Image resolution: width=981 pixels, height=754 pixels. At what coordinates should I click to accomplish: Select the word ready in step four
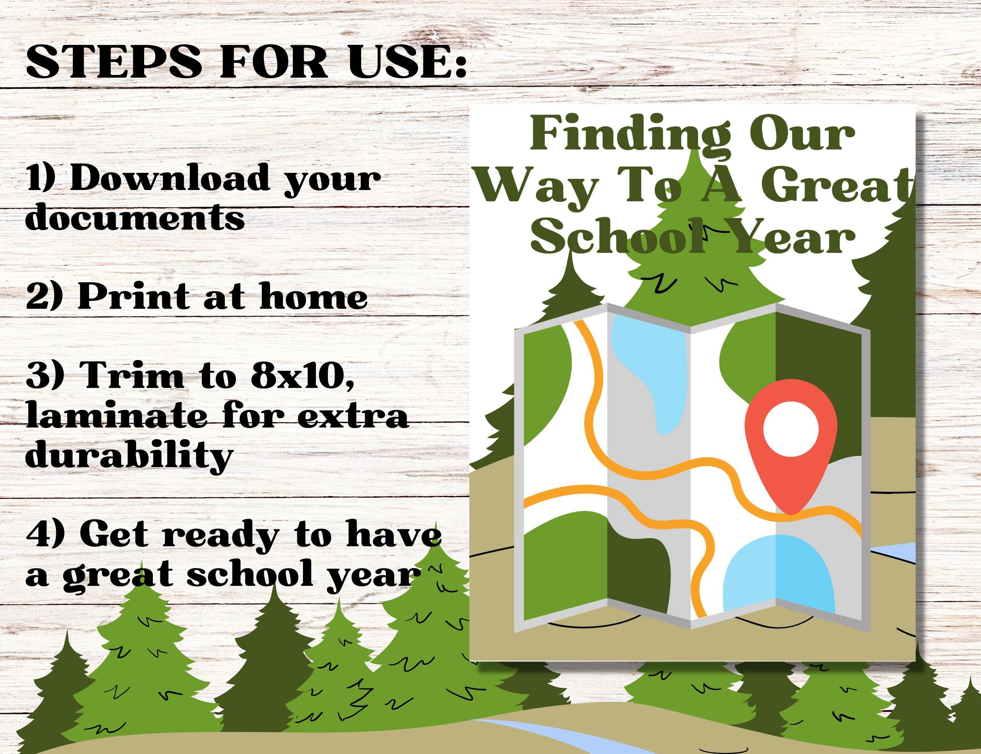pyautogui.click(x=220, y=536)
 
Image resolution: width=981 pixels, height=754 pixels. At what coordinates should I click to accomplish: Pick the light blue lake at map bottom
pyautogui.click(x=779, y=572)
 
